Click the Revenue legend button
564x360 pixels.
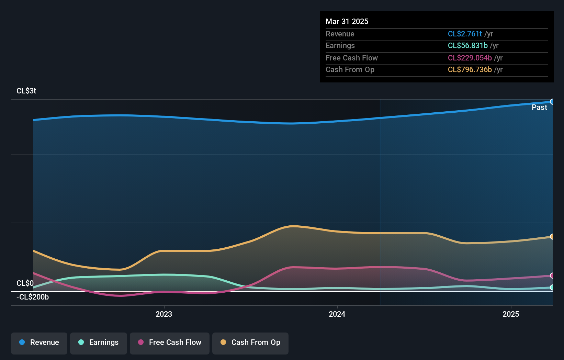point(39,343)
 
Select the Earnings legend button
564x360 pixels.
point(99,343)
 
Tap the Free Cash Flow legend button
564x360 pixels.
point(170,343)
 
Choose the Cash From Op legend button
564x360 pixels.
point(250,343)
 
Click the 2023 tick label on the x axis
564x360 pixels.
point(164,314)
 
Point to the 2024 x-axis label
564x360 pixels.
point(337,314)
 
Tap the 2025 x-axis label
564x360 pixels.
point(511,314)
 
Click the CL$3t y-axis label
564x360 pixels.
point(26,91)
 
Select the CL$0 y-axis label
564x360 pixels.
point(25,283)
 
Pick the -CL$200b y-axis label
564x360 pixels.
point(33,297)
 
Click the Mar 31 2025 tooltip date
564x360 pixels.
point(347,22)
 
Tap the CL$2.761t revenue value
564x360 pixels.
point(465,34)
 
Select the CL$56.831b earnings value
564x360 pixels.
point(467,46)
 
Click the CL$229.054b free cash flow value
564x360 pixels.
point(470,58)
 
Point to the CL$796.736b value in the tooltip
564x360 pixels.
point(470,70)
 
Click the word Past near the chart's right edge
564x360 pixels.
point(539,108)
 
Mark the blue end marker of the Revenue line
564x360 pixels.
point(552,102)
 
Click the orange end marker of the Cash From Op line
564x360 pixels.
point(552,237)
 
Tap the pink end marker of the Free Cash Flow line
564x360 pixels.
point(552,275)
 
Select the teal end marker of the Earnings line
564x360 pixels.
point(552,288)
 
